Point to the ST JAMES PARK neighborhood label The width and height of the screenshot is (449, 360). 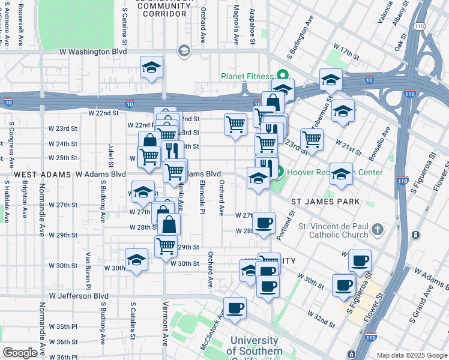pos(325,202)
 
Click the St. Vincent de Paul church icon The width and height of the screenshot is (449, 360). pos(376,229)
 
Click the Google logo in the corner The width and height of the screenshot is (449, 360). pos(20,353)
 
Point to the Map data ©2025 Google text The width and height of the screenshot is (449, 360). pos(412,355)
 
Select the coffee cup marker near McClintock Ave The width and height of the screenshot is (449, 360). pos(235,307)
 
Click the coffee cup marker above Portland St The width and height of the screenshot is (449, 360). pos(264,223)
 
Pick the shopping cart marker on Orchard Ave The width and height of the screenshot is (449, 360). pos(235,124)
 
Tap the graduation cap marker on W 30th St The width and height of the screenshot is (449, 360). pos(137,260)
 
